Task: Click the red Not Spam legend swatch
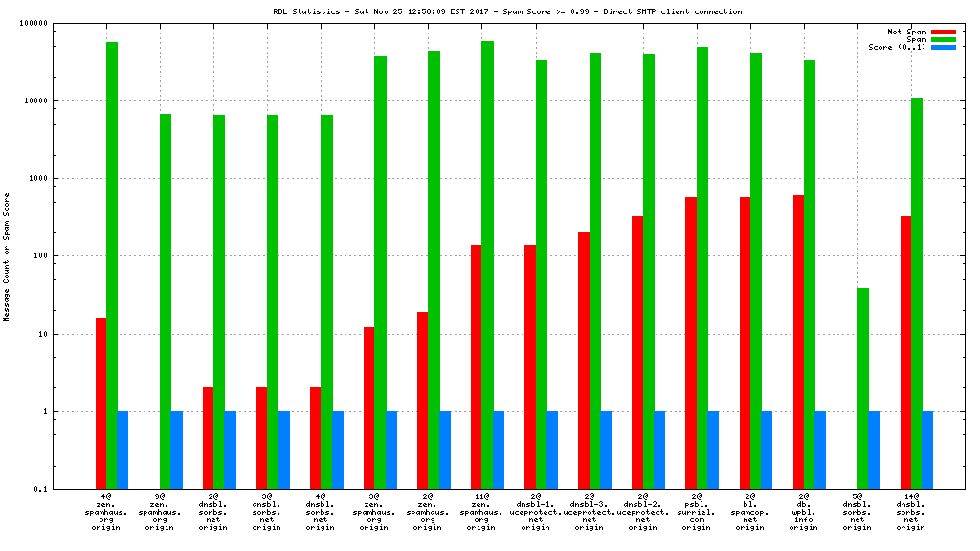point(943,32)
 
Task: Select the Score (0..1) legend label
point(898,47)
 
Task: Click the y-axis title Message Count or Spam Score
point(7,256)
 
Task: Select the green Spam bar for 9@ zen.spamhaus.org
point(166,301)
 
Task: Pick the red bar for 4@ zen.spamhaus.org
point(100,403)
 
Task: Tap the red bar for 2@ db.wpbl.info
point(798,342)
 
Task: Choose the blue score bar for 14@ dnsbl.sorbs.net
point(927,451)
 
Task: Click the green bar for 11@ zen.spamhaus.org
point(487,265)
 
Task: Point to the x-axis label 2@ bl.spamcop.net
point(750,512)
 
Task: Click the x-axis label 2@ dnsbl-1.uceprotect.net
point(536,512)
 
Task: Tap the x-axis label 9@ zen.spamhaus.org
point(160,512)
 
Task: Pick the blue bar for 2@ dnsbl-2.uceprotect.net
point(659,451)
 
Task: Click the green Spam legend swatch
point(943,39)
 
